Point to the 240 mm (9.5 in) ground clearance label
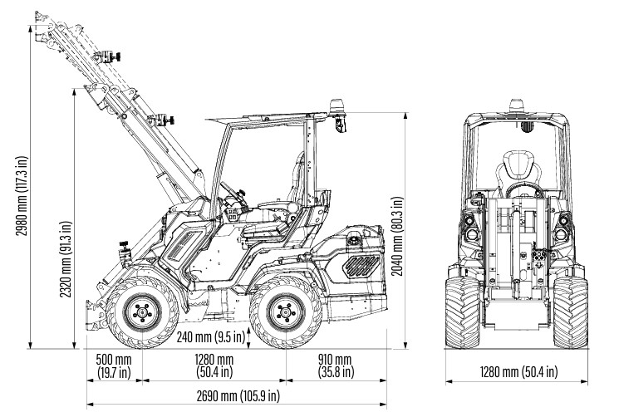[x=211, y=336]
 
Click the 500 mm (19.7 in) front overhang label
[x=113, y=365]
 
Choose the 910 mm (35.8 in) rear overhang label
[x=335, y=365]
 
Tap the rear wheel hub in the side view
[x=284, y=314]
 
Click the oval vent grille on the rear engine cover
[x=361, y=265]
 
